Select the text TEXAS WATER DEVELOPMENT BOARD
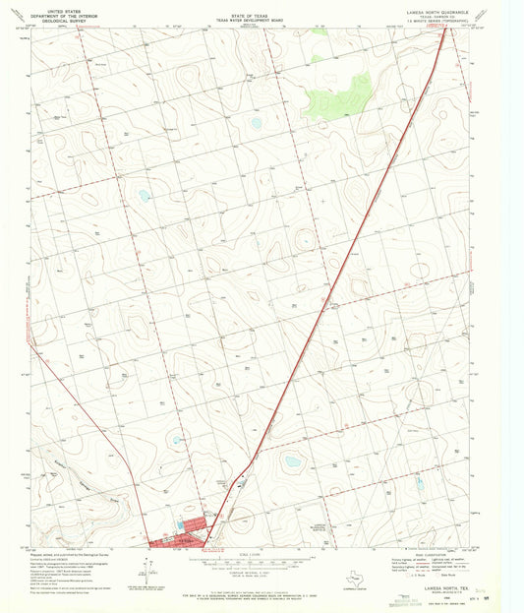[x=261, y=18]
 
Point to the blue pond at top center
[x=255, y=123]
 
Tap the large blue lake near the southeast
[x=292, y=460]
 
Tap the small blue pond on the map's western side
[x=145, y=195]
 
